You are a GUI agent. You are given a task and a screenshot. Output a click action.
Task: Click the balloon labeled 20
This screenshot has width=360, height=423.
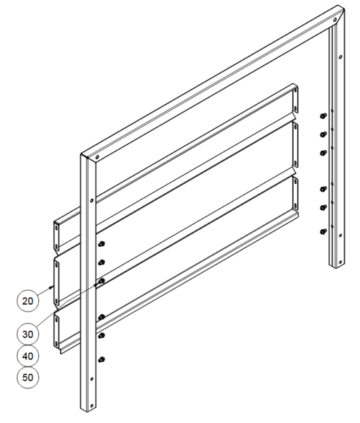point(27,301)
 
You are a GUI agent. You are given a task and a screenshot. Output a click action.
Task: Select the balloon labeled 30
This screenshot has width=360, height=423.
point(27,334)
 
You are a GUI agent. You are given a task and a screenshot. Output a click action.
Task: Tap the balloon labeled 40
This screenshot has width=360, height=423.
point(27,356)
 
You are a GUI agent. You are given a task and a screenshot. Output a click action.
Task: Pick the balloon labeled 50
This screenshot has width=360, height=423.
point(27,377)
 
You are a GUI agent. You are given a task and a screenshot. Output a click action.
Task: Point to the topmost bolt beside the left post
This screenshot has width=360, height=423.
point(101,244)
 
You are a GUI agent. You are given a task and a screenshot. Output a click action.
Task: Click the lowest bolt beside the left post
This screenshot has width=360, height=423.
point(101,360)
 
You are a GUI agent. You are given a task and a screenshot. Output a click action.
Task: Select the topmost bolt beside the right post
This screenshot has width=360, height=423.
point(323,116)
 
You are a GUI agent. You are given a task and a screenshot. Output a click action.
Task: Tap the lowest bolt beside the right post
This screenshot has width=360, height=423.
point(323,231)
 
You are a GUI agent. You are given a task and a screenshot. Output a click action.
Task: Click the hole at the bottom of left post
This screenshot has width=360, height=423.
point(92,405)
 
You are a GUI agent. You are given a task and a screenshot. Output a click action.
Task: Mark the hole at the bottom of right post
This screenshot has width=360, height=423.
point(340,262)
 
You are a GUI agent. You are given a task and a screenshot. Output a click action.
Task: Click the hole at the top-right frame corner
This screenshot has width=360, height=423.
point(335,20)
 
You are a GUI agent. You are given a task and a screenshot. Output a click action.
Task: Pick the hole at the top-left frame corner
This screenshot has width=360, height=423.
point(97,157)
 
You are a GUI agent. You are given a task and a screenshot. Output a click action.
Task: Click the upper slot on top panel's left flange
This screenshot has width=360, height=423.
point(56,228)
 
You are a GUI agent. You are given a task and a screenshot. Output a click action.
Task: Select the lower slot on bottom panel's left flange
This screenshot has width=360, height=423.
point(56,343)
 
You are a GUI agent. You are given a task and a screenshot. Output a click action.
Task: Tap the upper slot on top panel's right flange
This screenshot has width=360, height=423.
point(295,90)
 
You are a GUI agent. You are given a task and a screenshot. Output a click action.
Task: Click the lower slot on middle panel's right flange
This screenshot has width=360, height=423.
point(295,164)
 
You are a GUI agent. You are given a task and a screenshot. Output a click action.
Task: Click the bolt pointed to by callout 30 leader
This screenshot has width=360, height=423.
point(101,281)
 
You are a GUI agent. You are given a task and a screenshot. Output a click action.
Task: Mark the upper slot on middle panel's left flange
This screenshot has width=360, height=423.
point(56,265)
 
